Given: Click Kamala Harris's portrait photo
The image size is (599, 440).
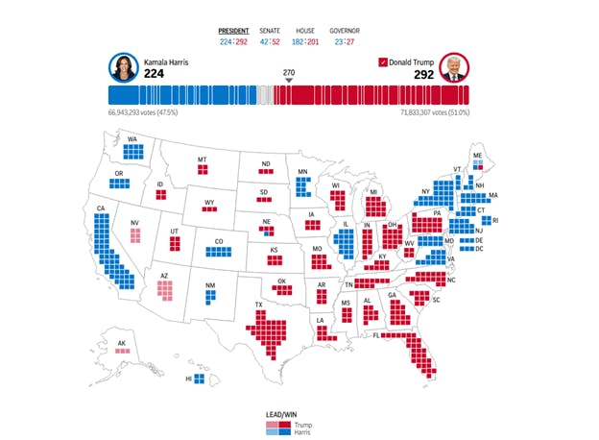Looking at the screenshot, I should coord(123,66).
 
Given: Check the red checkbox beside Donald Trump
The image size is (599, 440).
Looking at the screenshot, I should coord(383,62).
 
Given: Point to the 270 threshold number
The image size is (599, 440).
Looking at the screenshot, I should coord(289,73).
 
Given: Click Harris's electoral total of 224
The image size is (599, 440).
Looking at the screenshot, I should coord(154,73).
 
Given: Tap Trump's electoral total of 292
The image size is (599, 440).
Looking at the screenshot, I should coord(425,73).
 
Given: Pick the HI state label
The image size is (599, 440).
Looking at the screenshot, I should coord(188,380).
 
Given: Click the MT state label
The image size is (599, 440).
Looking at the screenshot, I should coord(203,159).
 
